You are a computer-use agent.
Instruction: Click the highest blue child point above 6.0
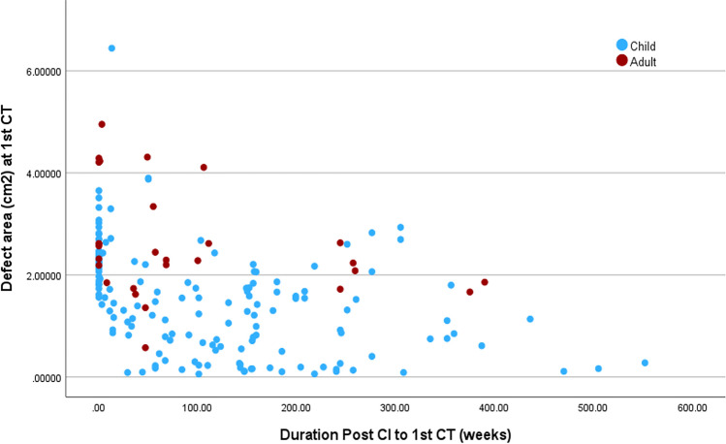pos(111,48)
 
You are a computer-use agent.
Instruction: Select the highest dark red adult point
pos(102,124)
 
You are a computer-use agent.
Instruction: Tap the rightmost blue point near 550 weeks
pos(645,363)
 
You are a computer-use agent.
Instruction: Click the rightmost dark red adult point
pos(485,282)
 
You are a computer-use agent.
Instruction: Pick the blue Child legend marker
pos(622,45)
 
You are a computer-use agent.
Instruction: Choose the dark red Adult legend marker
pos(622,61)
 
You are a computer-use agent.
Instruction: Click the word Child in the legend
pos(643,46)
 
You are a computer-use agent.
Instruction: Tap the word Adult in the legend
pos(644,62)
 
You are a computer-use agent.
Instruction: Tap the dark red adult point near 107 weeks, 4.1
pos(204,168)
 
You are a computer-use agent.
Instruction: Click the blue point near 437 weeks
pos(530,319)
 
